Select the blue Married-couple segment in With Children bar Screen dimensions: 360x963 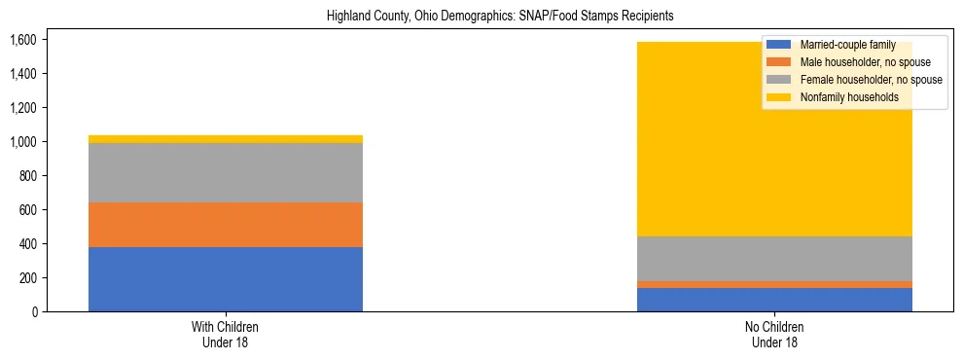tap(226, 279)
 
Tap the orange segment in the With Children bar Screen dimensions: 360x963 tap(226, 225)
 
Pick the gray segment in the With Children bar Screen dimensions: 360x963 tap(226, 172)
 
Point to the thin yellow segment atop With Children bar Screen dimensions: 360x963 tap(226, 139)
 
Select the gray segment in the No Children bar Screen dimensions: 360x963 tap(774, 259)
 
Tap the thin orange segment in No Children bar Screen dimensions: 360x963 tap(774, 284)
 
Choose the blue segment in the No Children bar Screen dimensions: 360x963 tap(774, 300)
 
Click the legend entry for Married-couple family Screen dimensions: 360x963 tap(847, 45)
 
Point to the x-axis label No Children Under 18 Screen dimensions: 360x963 tap(774, 335)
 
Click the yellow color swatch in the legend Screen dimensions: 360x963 tap(779, 97)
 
